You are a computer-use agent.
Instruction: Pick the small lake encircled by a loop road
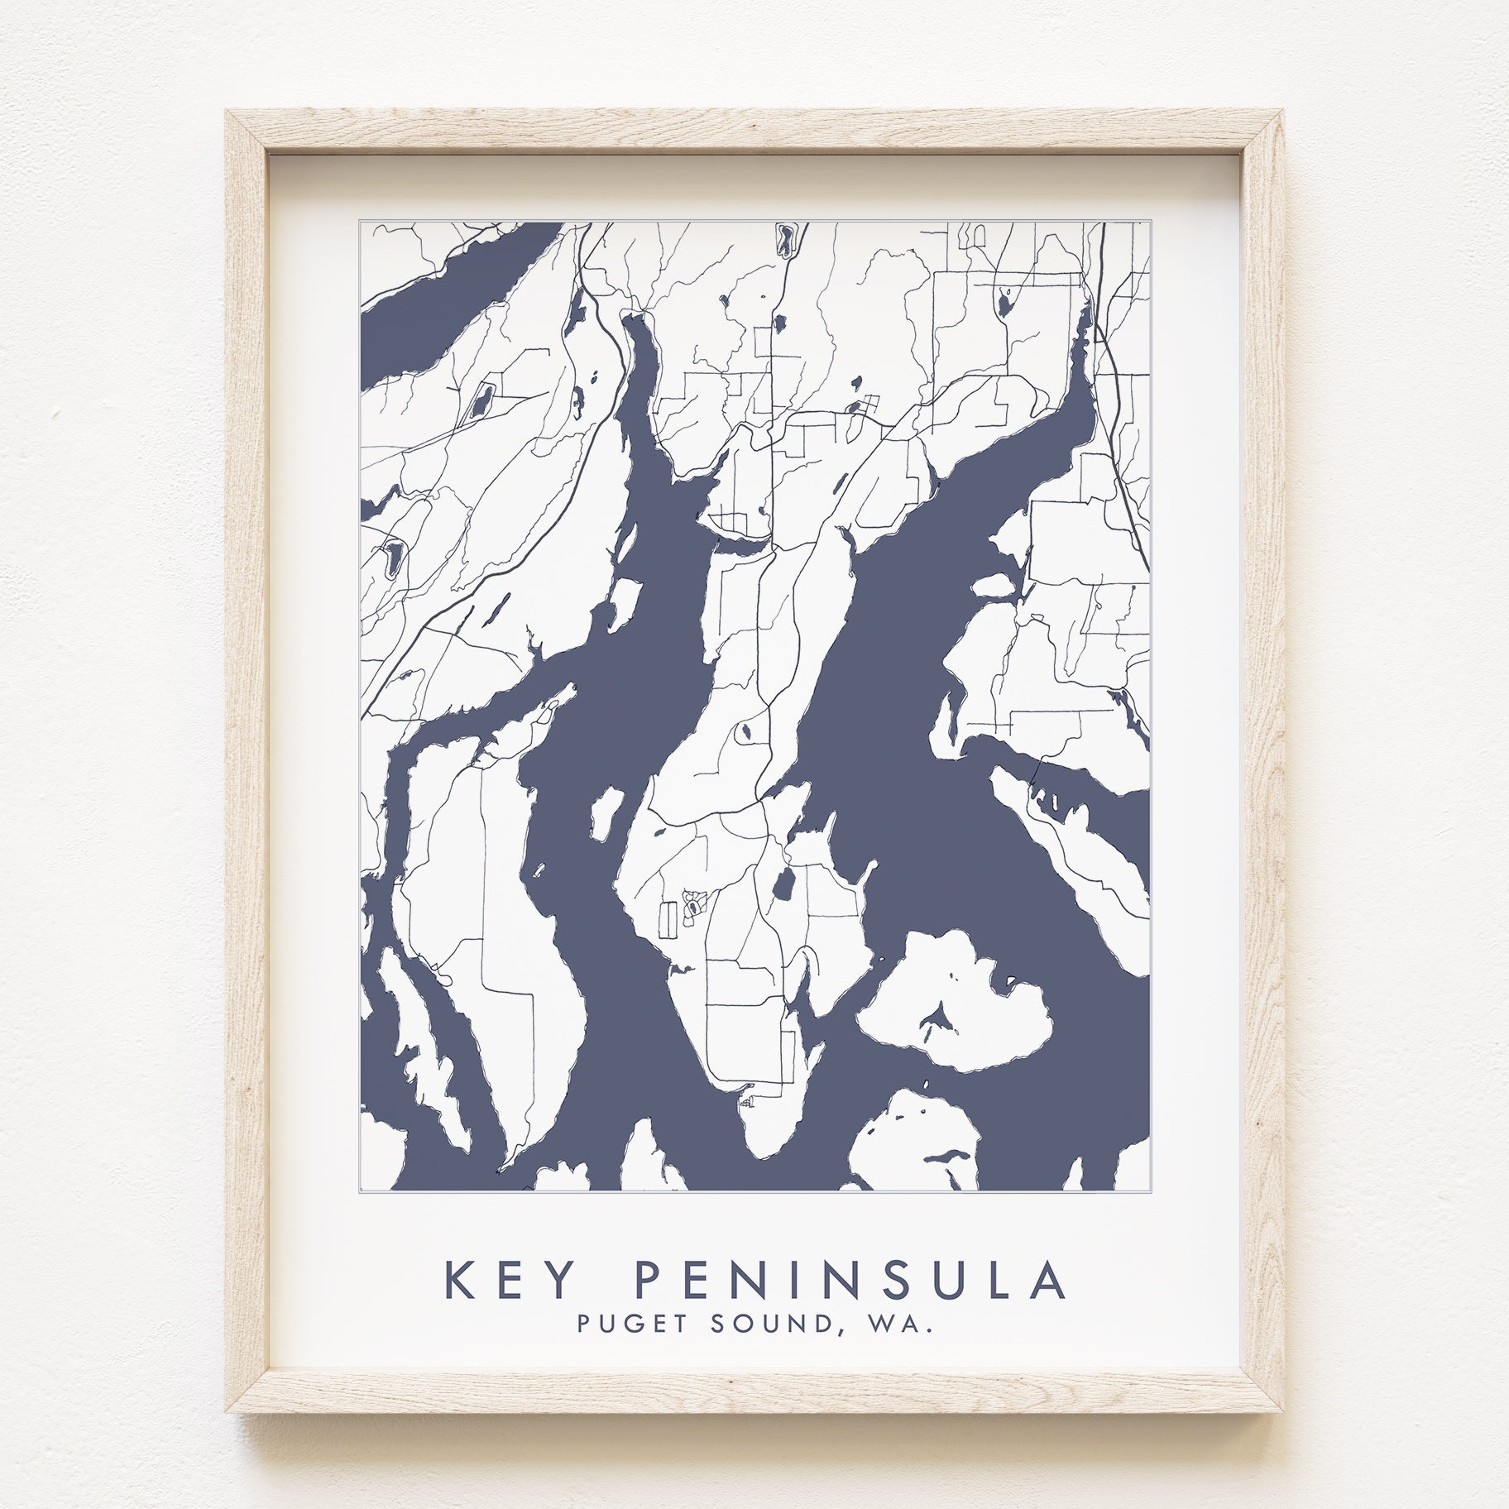coord(745,731)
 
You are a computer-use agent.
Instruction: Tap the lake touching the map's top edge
coord(782,240)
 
